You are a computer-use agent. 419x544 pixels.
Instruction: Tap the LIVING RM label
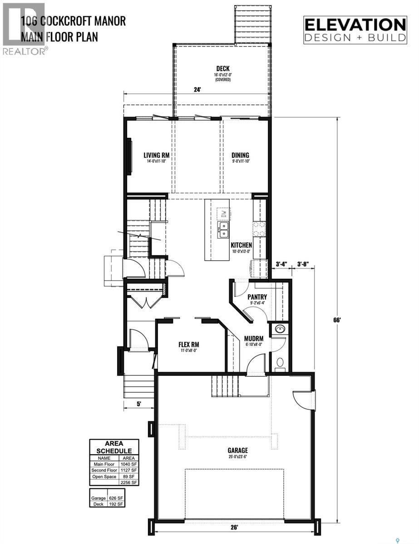(150, 155)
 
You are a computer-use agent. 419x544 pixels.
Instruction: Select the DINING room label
(240, 155)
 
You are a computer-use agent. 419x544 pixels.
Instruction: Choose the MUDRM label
(254, 338)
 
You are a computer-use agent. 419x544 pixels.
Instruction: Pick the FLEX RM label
(188, 344)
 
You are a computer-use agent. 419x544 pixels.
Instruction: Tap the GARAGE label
(238, 450)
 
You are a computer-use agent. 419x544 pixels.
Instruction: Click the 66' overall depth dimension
(336, 319)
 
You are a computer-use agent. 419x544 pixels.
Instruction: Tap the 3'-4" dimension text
(281, 263)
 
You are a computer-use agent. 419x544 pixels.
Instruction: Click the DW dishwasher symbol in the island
(223, 213)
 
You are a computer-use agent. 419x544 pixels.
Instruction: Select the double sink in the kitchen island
(223, 229)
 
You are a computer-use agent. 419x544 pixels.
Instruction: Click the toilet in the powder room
(280, 363)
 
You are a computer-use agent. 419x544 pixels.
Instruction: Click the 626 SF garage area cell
(118, 497)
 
